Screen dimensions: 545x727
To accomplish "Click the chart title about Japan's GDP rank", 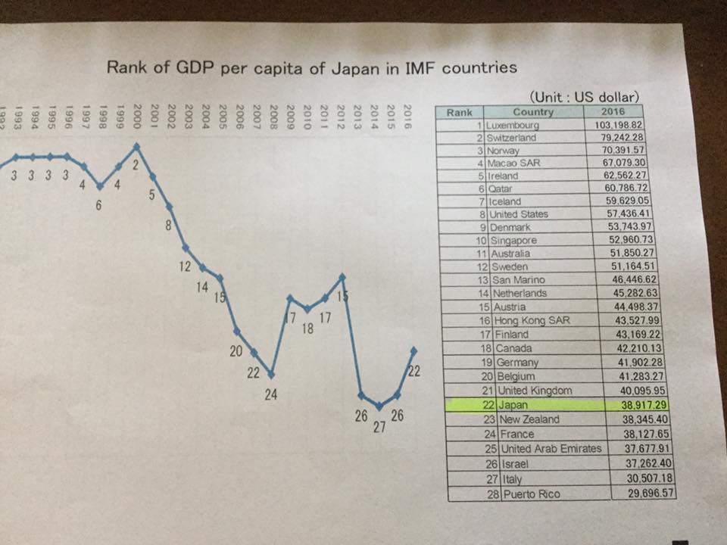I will click(312, 67).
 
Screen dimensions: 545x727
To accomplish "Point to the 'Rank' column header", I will click(460, 112).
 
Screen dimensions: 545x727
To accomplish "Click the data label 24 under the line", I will click(270, 394).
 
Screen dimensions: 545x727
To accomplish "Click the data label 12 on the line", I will click(184, 266).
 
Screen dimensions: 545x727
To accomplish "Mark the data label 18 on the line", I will click(308, 329).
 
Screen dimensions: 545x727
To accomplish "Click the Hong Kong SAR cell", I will click(532, 321).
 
